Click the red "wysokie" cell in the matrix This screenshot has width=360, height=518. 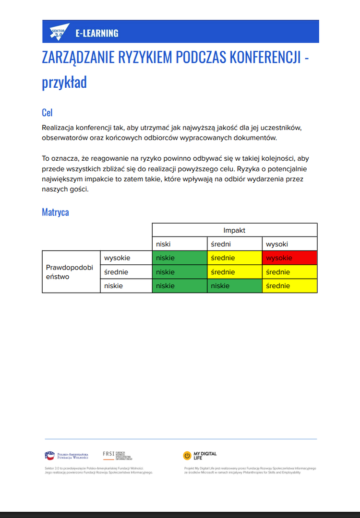coord(289,258)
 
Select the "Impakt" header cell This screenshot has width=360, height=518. coord(234,230)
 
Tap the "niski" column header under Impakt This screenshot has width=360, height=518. coord(180,244)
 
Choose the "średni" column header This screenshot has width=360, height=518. coord(234,244)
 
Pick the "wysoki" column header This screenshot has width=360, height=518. coord(289,244)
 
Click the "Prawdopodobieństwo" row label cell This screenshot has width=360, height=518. coord(71,271)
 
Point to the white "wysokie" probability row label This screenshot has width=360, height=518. coord(126,258)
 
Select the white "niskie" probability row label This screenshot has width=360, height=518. coord(126,286)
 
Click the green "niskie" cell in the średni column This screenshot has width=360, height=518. coord(234,286)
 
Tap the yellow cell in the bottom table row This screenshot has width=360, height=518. coord(289,286)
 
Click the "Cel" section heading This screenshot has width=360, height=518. coord(47,113)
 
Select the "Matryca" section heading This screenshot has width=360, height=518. coord(55,212)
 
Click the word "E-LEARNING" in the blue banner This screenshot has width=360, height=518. coord(96,33)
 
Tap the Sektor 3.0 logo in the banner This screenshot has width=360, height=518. coord(60,32)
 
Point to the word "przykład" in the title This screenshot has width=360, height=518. coord(64,82)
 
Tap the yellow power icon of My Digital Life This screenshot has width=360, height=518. coord(187,456)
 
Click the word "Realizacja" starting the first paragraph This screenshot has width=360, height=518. coord(58,128)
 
